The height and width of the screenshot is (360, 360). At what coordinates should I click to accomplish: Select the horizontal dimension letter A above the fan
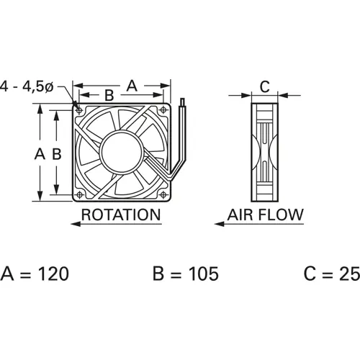point(132,84)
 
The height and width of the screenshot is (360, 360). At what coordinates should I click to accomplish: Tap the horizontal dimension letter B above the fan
point(109,95)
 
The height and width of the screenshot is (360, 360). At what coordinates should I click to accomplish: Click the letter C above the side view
point(264,87)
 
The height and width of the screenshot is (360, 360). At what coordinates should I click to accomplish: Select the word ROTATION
point(120,215)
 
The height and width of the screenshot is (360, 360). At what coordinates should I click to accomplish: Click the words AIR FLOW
point(266,215)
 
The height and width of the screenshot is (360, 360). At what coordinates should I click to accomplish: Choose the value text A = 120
point(35,274)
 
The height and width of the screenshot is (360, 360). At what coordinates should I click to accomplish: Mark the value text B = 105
point(185,274)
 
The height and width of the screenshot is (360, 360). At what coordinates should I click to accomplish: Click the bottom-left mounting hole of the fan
point(78,195)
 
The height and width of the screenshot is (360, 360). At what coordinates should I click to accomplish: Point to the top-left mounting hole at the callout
point(78,109)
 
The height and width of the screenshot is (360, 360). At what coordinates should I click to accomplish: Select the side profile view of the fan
point(264,153)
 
